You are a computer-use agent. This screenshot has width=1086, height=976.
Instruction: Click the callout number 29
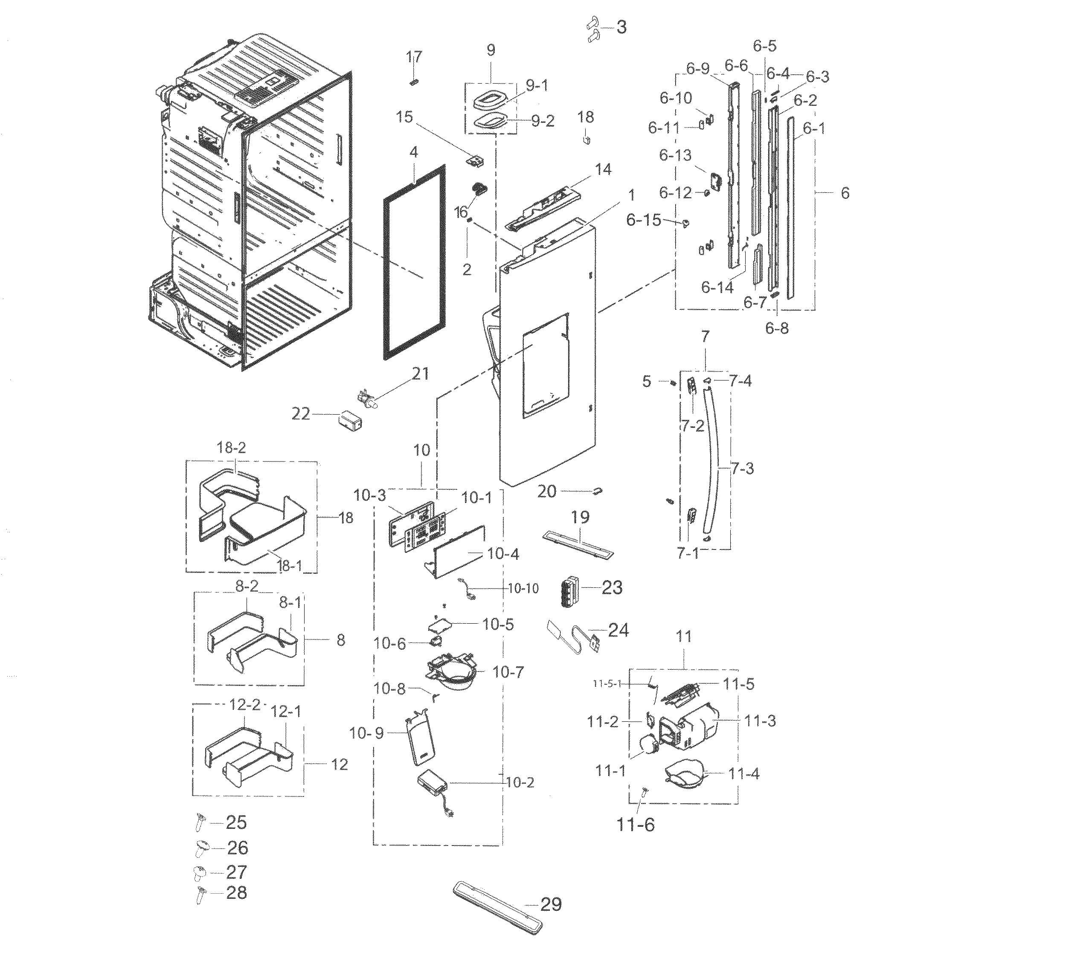click(550, 904)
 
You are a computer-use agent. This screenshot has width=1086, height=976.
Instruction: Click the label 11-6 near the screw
click(636, 824)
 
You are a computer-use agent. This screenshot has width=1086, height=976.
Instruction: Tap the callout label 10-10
click(523, 588)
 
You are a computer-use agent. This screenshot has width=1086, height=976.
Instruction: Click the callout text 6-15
click(644, 220)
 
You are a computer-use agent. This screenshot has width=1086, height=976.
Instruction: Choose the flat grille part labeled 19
click(577, 543)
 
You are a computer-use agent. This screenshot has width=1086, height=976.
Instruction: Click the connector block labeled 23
click(570, 591)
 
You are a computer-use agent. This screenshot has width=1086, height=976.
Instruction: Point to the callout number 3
click(621, 27)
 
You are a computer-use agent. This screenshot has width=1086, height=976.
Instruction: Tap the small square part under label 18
click(586, 140)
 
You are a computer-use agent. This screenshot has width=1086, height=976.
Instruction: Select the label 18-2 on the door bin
click(232, 448)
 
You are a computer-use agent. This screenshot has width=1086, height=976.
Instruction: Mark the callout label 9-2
click(543, 121)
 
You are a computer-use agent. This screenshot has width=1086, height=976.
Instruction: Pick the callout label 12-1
click(286, 712)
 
